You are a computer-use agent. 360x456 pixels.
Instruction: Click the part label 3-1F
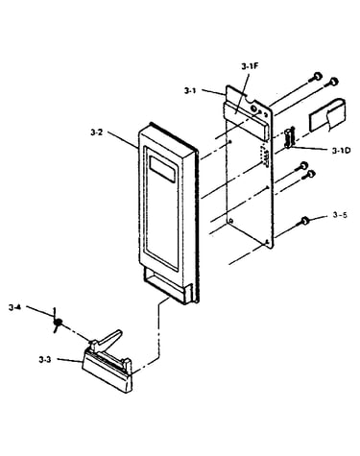click(250, 67)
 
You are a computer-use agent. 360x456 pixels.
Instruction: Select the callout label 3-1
click(190, 91)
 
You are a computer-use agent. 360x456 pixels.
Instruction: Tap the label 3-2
click(97, 132)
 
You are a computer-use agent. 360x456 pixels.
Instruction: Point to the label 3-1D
click(341, 150)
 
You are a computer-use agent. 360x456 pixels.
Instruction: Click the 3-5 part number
click(340, 215)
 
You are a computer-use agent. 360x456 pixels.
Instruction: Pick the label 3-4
click(15, 308)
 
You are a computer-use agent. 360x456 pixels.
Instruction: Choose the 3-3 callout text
click(45, 360)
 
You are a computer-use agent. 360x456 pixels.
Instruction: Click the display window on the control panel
click(162, 169)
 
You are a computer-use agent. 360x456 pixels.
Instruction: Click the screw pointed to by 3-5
click(304, 221)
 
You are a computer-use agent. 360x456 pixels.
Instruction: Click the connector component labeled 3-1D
click(289, 137)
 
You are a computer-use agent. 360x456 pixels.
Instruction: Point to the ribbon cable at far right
click(327, 114)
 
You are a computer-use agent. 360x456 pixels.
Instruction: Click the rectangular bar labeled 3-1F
click(246, 119)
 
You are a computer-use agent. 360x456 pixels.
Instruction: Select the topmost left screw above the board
click(316, 77)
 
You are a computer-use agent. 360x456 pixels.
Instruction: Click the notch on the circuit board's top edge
click(248, 97)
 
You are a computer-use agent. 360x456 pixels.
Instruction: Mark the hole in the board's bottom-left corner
click(231, 221)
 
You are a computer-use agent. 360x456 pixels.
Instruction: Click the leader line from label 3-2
click(123, 139)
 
